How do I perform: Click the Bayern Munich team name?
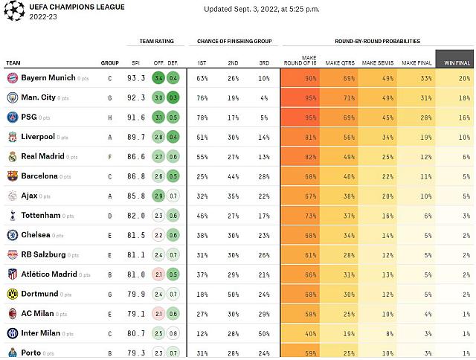point(48,77)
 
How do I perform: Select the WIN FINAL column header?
point(454,63)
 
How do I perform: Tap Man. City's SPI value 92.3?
point(136,97)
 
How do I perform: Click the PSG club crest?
point(12,117)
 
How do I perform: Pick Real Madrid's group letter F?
point(110,156)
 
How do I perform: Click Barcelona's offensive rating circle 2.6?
point(158,176)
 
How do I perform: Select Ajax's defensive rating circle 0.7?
point(173,196)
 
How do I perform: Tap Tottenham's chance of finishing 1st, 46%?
point(202,215)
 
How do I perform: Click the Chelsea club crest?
point(12,235)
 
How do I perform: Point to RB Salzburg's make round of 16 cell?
point(300,254)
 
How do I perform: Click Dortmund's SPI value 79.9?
point(136,294)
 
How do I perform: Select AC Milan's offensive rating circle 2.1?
point(158,313)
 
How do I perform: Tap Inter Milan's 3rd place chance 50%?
point(264,333)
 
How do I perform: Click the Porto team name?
point(31,353)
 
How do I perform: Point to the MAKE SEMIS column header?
point(377,63)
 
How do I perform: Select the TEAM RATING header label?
point(157,42)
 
